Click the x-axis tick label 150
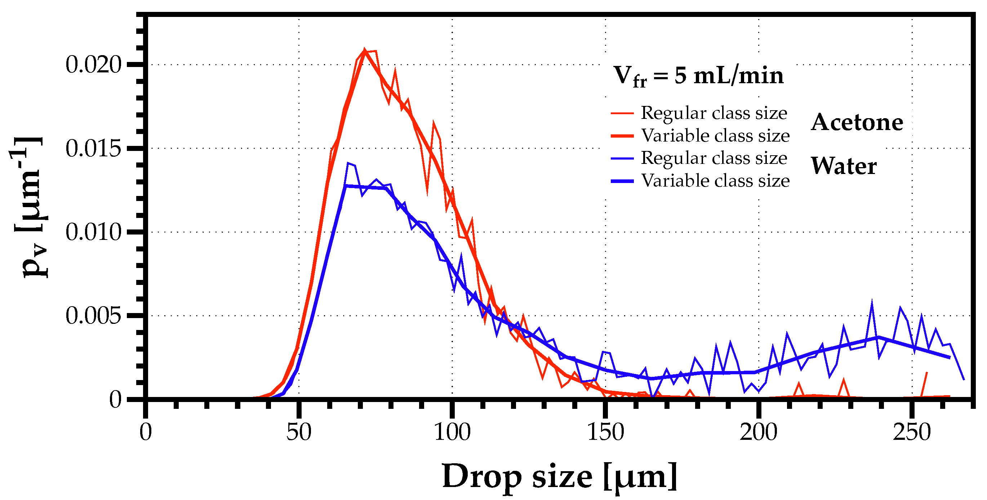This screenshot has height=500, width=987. pos(605,433)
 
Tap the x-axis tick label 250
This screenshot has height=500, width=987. pos(912,433)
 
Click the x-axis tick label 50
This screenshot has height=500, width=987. pos(299,433)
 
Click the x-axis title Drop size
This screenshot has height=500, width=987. pos(559,477)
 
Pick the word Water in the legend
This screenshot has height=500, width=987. pos(844,166)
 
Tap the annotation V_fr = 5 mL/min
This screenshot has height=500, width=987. pos(698,76)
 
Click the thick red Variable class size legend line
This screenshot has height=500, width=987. pos(622,136)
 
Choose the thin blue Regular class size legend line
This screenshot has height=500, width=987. pos(622,158)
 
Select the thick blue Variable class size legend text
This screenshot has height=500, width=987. pos(715,180)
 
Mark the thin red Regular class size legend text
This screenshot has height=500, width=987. pos(714,113)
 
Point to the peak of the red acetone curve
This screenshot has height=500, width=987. pos(364,50)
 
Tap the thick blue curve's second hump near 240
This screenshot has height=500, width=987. pos(878,337)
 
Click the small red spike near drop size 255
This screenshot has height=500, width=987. pos(926,372)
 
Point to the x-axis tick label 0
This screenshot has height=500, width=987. pos(146,433)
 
